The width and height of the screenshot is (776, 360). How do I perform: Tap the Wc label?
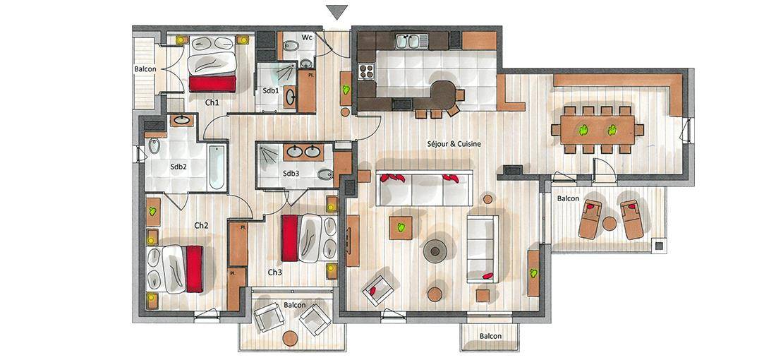(308, 37)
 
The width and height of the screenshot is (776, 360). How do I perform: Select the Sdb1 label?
(270, 91)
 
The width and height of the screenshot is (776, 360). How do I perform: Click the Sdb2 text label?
(178, 167)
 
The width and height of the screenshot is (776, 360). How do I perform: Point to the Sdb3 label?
(291, 174)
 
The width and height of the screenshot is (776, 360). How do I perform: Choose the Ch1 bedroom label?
(212, 102)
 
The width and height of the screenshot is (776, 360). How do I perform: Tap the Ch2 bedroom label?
(201, 225)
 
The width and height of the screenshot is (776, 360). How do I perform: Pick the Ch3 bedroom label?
(274, 272)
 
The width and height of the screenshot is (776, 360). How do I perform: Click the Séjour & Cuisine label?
(454, 144)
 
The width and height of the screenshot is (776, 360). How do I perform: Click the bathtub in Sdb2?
(217, 167)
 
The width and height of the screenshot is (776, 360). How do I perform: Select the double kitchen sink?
(411, 41)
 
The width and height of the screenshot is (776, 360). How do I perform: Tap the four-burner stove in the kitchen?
(366, 71)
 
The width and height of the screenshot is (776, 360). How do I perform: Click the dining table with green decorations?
(598, 130)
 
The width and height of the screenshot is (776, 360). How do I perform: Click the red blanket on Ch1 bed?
(212, 84)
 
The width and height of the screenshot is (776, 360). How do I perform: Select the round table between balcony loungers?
(610, 224)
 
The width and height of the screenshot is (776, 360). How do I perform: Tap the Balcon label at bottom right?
(490, 336)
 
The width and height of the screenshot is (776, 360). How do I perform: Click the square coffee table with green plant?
(401, 228)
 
